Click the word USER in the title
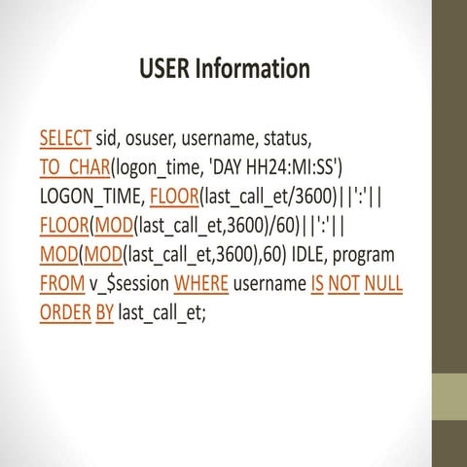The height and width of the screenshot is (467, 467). click(x=165, y=69)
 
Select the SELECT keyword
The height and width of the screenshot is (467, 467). click(x=65, y=135)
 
